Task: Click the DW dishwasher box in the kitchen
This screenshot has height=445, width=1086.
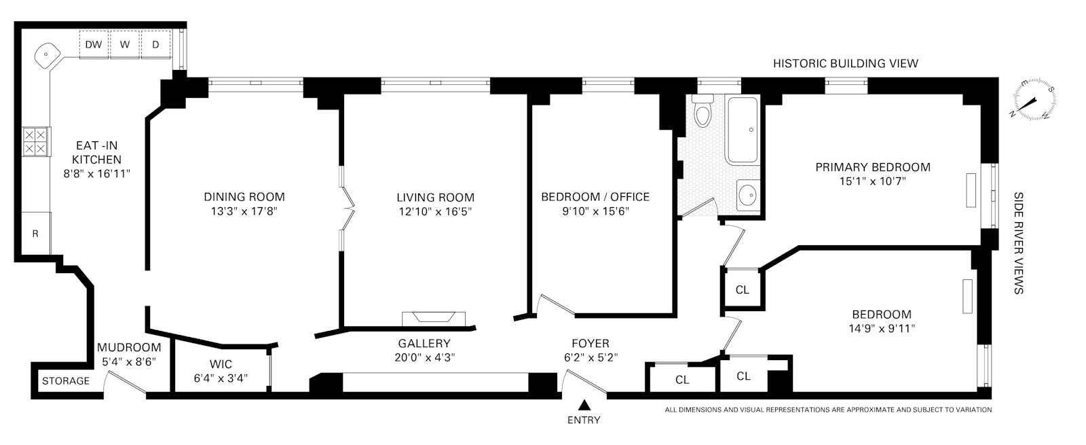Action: click(x=94, y=45)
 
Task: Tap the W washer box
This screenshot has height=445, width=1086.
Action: click(x=125, y=45)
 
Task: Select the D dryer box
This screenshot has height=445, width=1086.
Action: click(x=155, y=45)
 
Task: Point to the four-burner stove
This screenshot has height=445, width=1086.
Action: click(x=35, y=142)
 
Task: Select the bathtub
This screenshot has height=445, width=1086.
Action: click(x=743, y=130)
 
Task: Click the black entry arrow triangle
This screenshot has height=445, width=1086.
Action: click(x=584, y=406)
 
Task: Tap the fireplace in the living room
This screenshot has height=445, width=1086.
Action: click(x=434, y=318)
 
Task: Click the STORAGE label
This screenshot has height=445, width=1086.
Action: click(x=66, y=381)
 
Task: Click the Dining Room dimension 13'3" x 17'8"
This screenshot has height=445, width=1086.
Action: click(x=244, y=211)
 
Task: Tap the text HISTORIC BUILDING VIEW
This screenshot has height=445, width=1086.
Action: click(x=846, y=64)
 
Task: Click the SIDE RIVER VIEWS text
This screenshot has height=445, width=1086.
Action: click(x=1018, y=243)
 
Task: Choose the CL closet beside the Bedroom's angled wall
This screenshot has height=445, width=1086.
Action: click(x=743, y=289)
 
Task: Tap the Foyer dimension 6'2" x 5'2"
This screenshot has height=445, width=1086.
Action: click(x=590, y=358)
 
